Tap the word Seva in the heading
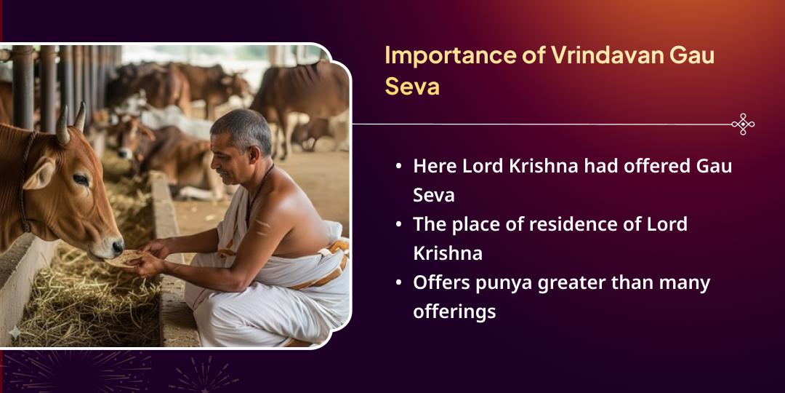point(411,87)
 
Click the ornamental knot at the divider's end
point(742,124)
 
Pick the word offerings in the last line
point(454,311)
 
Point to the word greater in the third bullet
point(573,282)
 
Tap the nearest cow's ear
point(36,175)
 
